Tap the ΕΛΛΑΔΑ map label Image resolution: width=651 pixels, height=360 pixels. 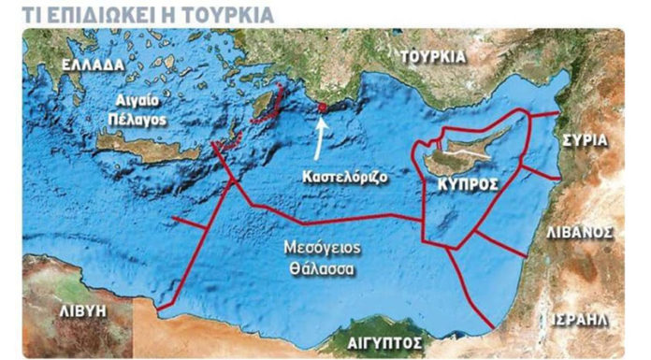click(92, 65)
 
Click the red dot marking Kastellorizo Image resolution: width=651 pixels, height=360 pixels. click(323, 108)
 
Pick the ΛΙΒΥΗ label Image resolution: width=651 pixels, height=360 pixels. click(80, 307)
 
